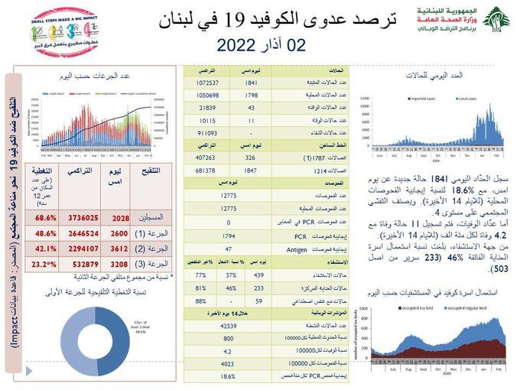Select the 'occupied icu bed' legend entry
(420, 307)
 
